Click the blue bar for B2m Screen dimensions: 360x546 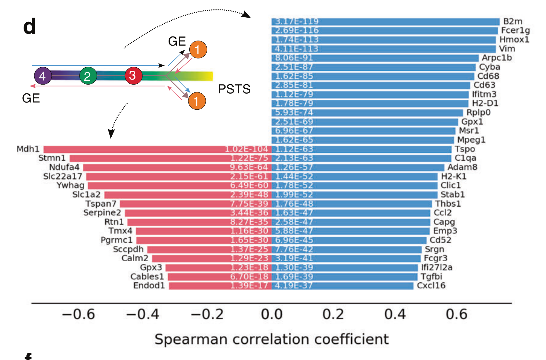385,22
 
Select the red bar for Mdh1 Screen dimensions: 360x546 157,149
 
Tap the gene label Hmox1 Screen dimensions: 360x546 514,40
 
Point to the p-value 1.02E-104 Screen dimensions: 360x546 246,149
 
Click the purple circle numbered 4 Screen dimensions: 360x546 43,76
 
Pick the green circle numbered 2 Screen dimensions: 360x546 88,76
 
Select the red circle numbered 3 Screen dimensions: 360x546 133,75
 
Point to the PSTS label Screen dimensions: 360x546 234,89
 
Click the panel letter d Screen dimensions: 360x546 30,26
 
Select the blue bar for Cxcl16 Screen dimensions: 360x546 343,286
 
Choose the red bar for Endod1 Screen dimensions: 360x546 220,286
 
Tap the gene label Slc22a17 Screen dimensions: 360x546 63,176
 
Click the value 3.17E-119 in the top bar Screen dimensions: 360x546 297,22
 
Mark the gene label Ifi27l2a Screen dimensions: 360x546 437,268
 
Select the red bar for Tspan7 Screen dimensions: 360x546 195,204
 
